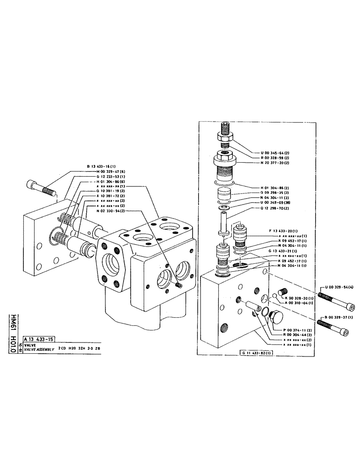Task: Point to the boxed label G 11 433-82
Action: (x=258, y=352)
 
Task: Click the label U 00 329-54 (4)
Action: (x=337, y=288)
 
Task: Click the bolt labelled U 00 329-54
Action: (x=334, y=296)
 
